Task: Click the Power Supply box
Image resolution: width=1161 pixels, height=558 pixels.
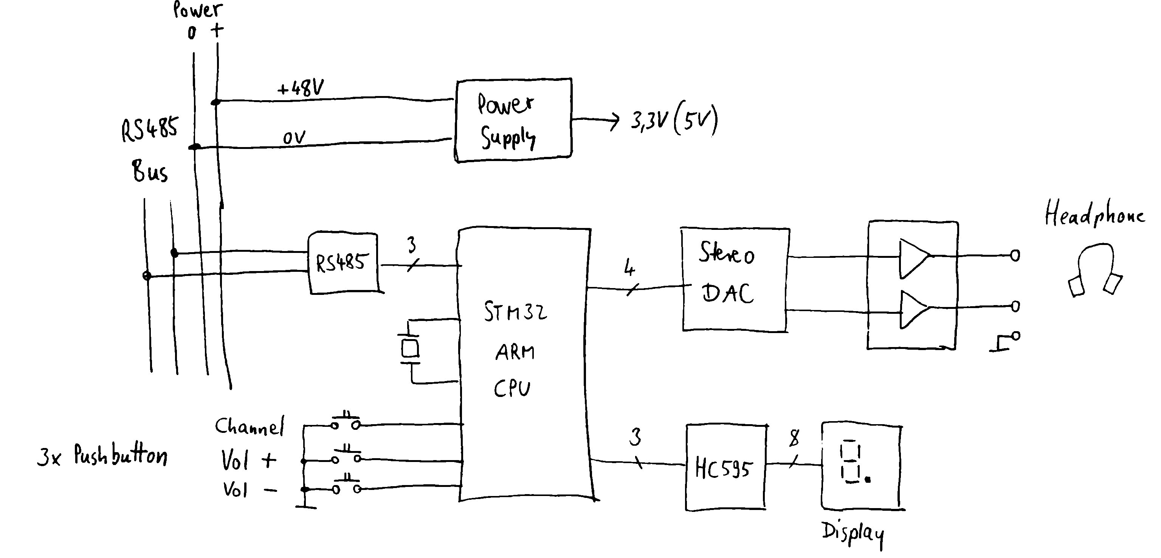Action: point(513,120)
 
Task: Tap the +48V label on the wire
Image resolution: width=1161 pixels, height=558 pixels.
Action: point(300,87)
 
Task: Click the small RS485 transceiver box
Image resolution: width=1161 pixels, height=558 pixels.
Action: point(343,263)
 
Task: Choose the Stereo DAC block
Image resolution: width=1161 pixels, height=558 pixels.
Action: point(735,279)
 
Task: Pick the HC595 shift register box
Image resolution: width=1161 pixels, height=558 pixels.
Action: point(725,467)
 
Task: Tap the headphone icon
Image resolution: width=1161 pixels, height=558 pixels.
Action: point(1095,270)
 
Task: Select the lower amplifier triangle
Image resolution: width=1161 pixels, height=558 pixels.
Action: point(913,309)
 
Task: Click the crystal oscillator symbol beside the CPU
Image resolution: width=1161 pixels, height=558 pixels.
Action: point(410,349)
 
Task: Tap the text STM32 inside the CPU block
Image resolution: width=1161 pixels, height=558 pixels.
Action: point(515,312)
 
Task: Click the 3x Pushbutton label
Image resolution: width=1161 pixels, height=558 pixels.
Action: point(103,455)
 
